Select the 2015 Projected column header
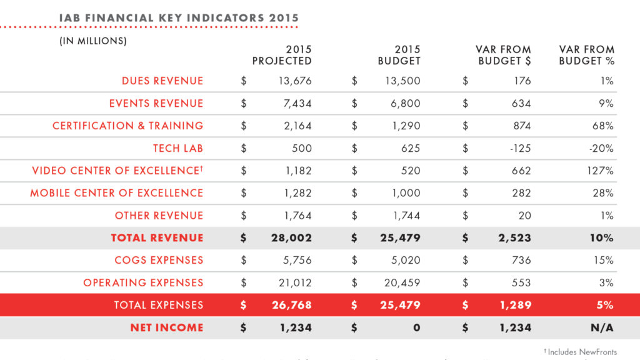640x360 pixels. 282,55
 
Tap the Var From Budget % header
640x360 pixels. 586,55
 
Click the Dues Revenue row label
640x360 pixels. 162,81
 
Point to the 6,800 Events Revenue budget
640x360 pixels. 405,103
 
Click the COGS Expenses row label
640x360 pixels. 159,260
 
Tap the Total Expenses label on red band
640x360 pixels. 158,305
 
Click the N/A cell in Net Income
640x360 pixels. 602,327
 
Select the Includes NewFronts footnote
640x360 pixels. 582,352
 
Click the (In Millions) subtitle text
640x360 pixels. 93,41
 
